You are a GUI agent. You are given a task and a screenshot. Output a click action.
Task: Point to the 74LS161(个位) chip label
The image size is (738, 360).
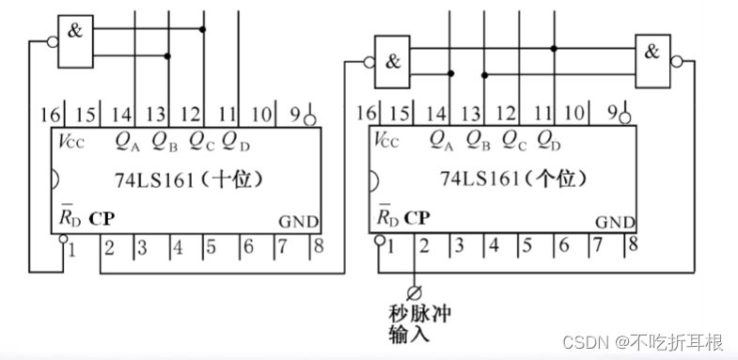click(x=506, y=178)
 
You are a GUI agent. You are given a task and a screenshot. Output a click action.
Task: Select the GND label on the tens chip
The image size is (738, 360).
click(x=299, y=223)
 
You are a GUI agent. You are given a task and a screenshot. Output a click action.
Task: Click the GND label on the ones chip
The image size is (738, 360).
click(x=615, y=223)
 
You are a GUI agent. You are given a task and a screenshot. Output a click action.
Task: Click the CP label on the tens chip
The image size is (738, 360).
click(x=102, y=219)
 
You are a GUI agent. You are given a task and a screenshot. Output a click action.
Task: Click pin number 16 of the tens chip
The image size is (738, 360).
click(x=50, y=115)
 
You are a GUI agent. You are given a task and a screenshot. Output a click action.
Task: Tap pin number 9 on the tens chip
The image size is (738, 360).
click(x=294, y=115)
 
